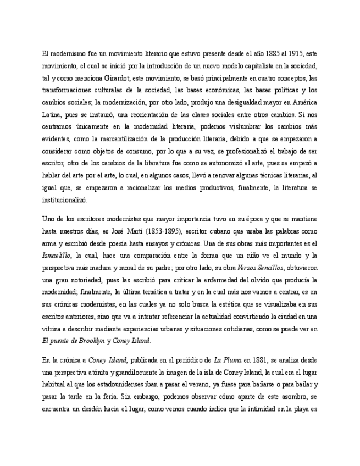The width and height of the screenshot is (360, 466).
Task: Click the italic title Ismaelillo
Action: coord(57,256)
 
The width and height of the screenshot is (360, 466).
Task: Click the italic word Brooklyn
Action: coord(89,341)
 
